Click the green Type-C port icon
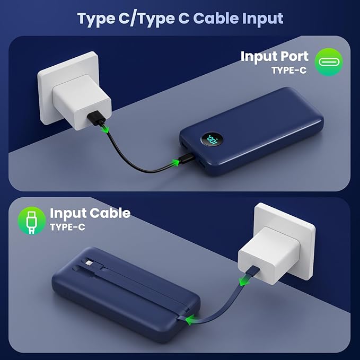[x=329, y=62]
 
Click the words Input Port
[x=274, y=56]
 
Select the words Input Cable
[x=90, y=213]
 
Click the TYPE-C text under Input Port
[x=288, y=70]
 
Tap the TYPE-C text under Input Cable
[x=67, y=227]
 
